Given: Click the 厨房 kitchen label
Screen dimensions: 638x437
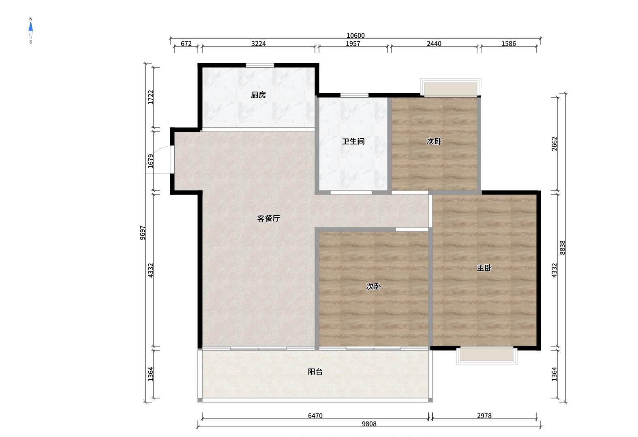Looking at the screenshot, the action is click(x=258, y=95).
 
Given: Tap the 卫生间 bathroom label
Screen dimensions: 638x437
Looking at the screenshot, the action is click(x=353, y=141).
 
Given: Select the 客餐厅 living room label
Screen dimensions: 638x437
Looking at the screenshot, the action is click(x=268, y=218).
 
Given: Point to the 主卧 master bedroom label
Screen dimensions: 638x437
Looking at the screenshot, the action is click(x=484, y=268).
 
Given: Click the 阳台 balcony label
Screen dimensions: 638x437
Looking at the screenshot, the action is click(x=315, y=372).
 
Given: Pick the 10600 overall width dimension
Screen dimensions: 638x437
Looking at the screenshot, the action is click(x=355, y=35).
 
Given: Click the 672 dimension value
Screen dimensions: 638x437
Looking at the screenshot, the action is click(x=186, y=44).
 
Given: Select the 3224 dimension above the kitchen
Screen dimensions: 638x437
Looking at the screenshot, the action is click(x=258, y=44).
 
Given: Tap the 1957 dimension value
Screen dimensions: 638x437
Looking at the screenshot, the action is click(x=353, y=44).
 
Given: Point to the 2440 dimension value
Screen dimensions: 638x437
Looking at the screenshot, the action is click(x=434, y=44).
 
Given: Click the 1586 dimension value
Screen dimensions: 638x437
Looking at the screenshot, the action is click(x=509, y=44).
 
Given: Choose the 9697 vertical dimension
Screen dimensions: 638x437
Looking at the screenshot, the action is click(x=142, y=233).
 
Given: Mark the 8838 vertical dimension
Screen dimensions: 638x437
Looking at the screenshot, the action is click(x=562, y=248).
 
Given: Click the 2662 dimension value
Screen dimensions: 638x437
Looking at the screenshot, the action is click(x=554, y=144).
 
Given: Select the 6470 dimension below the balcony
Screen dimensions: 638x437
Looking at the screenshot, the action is click(x=315, y=416).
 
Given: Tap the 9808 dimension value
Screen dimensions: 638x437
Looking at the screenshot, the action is click(x=369, y=424).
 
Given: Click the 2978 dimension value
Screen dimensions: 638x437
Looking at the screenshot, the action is click(x=484, y=416).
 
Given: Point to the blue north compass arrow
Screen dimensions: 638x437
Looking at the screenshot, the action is click(x=31, y=27).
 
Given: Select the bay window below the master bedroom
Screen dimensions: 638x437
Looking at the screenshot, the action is click(x=487, y=356).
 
